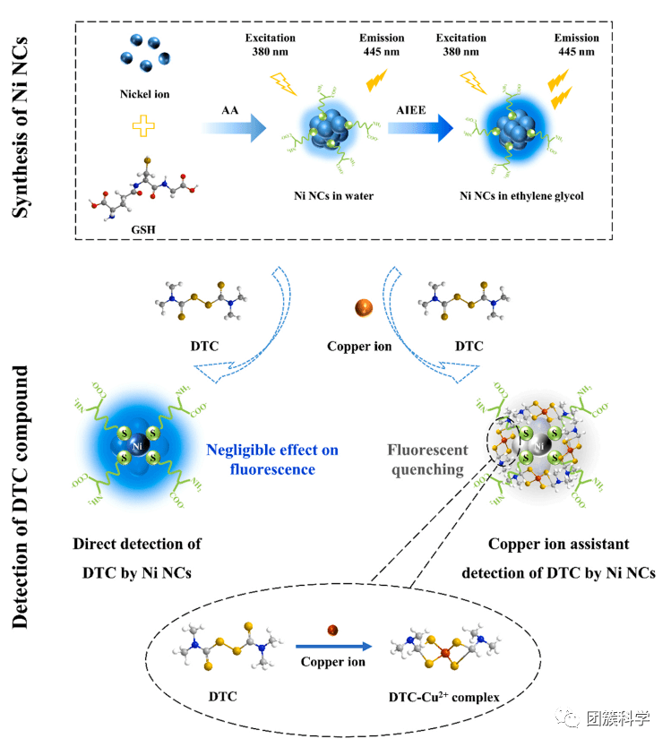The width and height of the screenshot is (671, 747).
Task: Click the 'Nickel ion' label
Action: click(x=143, y=93)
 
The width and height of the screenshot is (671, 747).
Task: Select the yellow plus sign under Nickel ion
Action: click(x=143, y=127)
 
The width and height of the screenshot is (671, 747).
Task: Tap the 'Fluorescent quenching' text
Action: click(x=426, y=458)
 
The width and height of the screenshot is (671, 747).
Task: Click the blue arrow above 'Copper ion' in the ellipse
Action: click(x=333, y=646)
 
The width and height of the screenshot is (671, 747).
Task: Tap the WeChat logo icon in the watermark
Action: click(x=569, y=719)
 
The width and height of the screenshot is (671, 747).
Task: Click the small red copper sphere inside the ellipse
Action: click(x=332, y=629)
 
